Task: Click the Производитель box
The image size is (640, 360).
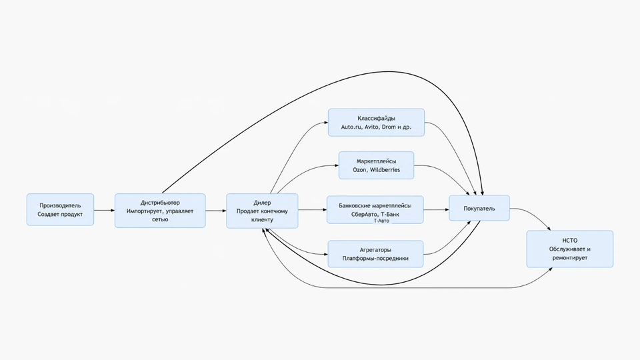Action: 61,210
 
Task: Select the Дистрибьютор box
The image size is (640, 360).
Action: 160,211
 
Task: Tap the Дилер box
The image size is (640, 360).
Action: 262,211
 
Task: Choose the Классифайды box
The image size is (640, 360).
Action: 376,123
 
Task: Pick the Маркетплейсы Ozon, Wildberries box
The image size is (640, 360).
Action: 376,165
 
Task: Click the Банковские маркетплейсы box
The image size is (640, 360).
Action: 375,210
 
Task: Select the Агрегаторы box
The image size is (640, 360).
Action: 375,254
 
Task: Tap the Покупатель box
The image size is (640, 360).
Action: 479,208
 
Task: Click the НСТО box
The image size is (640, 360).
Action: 570,249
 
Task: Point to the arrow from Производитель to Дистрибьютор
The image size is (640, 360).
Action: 105,210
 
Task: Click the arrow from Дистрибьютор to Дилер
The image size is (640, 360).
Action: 216,211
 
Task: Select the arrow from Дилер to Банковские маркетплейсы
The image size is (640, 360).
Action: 313,210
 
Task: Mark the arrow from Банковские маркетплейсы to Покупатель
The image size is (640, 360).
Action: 436,210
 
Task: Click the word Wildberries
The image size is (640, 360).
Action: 385,170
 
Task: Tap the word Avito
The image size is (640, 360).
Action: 371,127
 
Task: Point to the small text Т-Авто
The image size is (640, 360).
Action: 381,221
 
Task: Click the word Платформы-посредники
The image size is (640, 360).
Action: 375,259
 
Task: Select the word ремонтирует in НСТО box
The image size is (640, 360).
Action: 570,258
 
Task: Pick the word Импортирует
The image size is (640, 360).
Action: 146,211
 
